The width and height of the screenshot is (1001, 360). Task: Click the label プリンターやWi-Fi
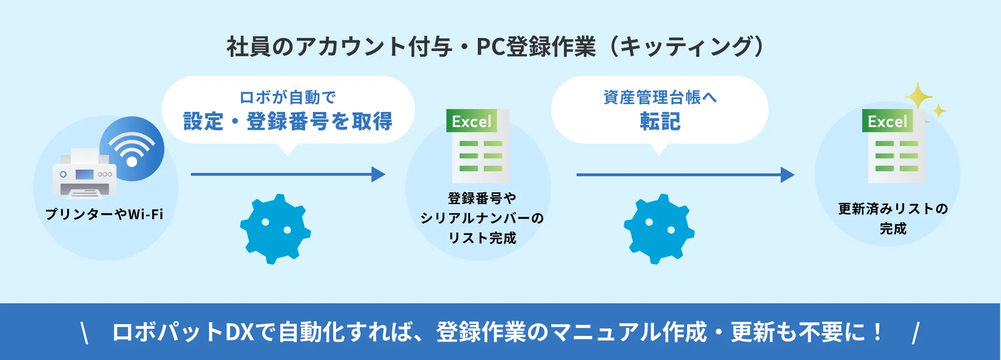coord(104,214)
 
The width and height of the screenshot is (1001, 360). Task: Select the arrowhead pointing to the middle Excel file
coord(379,174)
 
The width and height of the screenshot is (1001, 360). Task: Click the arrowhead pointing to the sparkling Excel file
coord(787,175)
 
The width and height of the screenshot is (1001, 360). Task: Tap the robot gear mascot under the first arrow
coord(276,229)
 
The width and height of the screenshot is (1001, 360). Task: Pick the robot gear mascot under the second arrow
coord(659,229)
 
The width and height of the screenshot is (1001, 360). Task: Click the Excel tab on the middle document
coord(471,121)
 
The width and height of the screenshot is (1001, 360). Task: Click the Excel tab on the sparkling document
coord(887,121)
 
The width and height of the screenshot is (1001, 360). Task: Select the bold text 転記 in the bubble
coord(660,121)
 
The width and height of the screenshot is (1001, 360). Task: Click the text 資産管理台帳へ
coord(660,97)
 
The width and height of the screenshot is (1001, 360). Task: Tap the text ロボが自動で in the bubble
coord(288,97)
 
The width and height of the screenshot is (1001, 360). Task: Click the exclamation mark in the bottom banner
coord(878,332)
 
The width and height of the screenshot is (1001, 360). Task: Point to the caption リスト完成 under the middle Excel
coord(482,238)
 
